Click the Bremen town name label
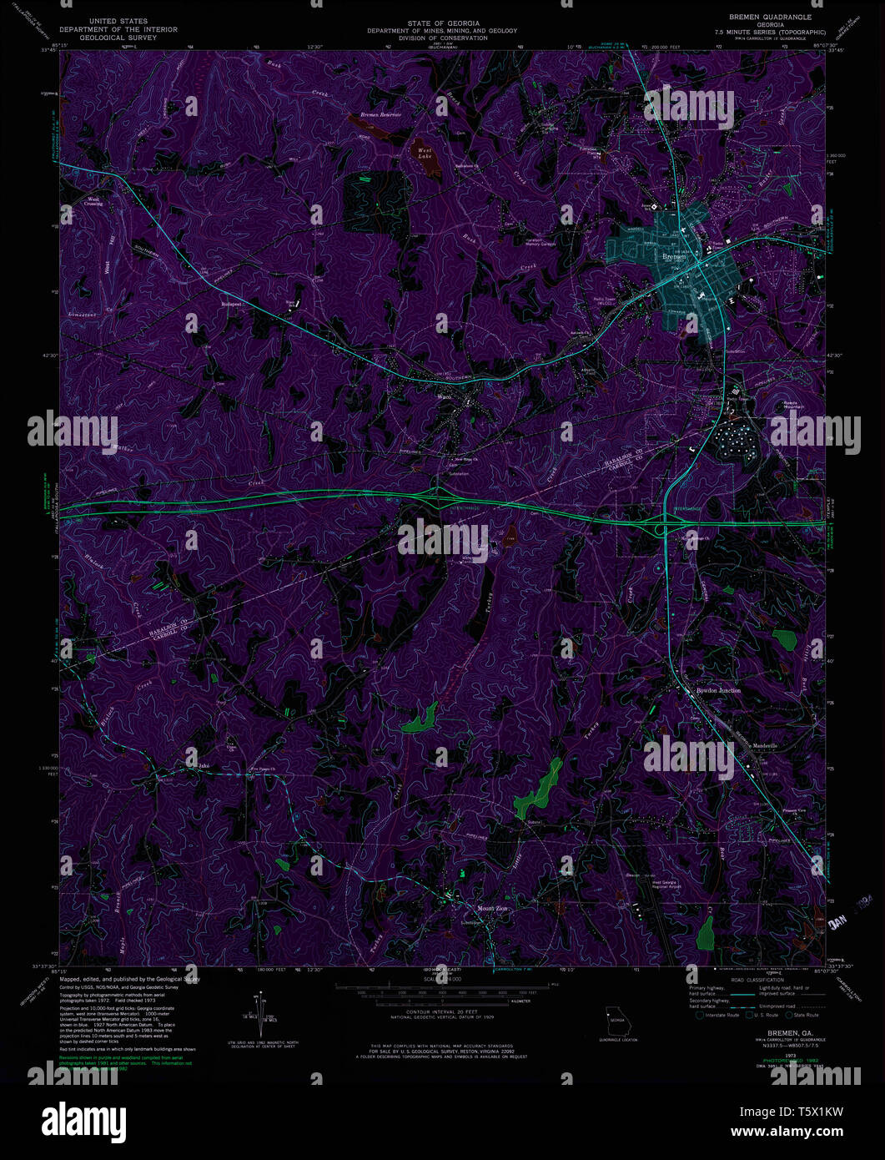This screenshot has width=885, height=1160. pos(673,257)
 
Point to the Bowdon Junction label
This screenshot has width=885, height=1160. pos(718,691)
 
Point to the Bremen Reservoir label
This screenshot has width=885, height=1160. pos(380,114)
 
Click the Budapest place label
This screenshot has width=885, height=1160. pos(231,305)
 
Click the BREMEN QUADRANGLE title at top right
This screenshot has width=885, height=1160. pos(777,18)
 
